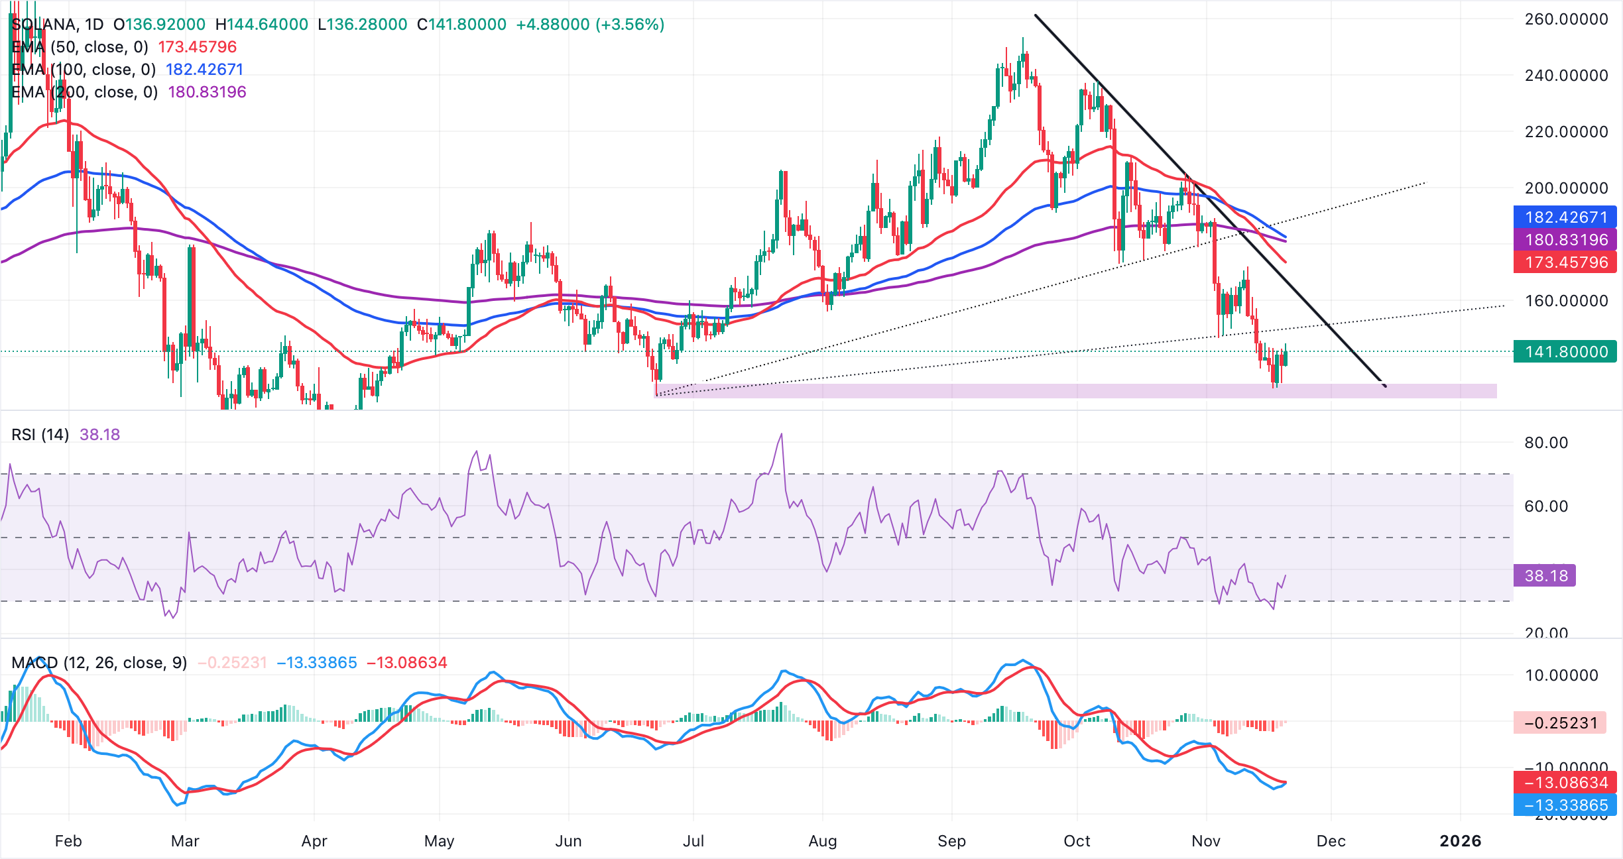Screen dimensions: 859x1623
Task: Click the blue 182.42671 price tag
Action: (x=1565, y=217)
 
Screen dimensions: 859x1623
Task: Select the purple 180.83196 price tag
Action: (x=1565, y=240)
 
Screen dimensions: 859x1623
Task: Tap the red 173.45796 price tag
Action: (x=1565, y=262)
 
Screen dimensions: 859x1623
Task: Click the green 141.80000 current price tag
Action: (x=1565, y=352)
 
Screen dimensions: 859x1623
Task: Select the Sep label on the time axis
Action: (x=951, y=841)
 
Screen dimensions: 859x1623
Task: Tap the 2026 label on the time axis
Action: (x=1460, y=841)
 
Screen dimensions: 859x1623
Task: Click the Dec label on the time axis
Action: (x=1331, y=841)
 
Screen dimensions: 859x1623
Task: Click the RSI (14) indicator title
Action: (x=40, y=435)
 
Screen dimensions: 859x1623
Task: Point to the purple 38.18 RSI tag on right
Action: (x=1545, y=575)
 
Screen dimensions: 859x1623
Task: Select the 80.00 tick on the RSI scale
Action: (x=1546, y=443)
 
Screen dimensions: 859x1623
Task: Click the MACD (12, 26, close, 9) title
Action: (x=99, y=663)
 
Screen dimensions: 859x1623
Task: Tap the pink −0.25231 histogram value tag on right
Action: (x=1560, y=722)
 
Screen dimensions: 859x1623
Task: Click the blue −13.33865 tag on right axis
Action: (x=1565, y=805)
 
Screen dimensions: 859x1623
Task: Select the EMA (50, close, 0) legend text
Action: (x=80, y=47)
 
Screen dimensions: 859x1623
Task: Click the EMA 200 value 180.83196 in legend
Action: (x=207, y=92)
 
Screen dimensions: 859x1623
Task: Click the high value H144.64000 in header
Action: (x=262, y=25)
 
